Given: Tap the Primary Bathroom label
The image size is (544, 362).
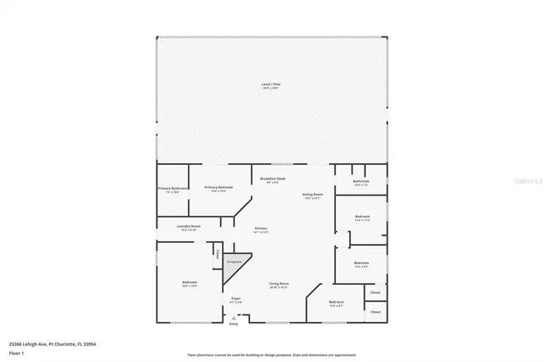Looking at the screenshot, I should [x=173, y=189].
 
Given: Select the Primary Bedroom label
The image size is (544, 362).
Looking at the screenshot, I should [x=218, y=187].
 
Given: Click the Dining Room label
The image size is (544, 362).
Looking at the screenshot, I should [x=313, y=195].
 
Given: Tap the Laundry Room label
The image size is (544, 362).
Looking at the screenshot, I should [x=189, y=226].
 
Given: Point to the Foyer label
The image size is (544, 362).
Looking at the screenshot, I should [x=236, y=298].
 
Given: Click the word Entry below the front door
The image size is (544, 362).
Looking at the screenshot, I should [x=234, y=325].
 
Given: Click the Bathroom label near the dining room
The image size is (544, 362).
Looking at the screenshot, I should [x=360, y=181].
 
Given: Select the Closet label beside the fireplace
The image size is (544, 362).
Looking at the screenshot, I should [x=218, y=253].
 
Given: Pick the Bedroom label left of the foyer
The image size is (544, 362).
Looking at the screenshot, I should [x=189, y=283].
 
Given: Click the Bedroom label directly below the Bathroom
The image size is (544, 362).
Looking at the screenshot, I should [x=362, y=217].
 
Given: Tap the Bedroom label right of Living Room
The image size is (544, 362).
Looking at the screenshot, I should [x=337, y=302].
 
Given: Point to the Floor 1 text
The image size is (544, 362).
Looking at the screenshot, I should [x=17, y=352].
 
